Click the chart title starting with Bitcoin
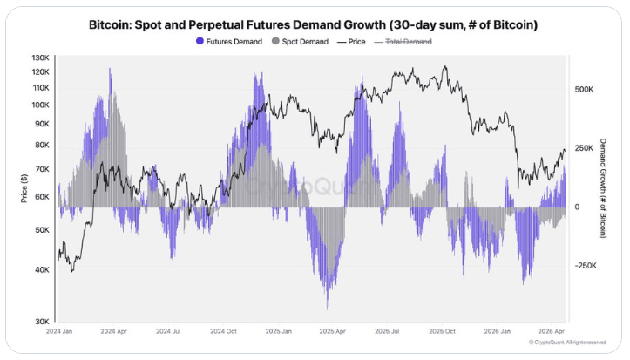click(x=314, y=24)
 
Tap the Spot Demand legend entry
click(x=303, y=41)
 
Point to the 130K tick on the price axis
click(x=40, y=58)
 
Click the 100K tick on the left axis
click(x=40, y=105)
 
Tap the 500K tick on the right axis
click(x=585, y=90)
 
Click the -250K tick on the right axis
click(x=586, y=266)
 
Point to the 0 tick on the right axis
click(x=577, y=207)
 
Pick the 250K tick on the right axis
click(x=585, y=149)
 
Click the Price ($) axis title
click(x=24, y=188)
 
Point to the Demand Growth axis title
click(x=602, y=188)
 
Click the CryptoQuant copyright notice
click(x=567, y=343)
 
